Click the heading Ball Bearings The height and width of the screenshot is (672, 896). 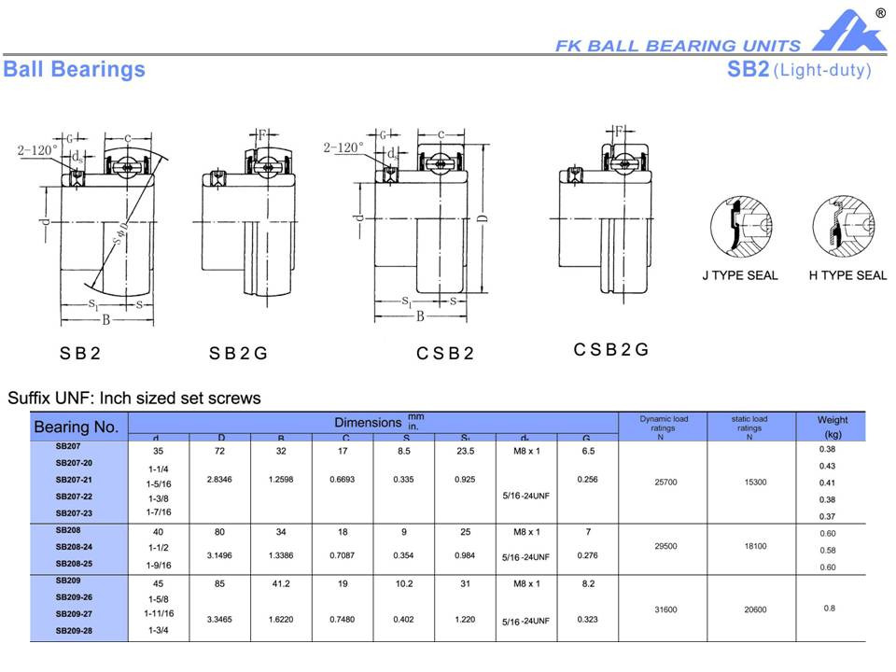(75, 70)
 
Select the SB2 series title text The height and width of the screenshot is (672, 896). (749, 70)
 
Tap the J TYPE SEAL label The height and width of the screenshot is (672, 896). (739, 275)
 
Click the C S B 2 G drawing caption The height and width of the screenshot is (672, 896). (610, 350)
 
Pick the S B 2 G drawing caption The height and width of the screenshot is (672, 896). (238, 354)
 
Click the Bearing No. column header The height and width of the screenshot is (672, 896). (77, 427)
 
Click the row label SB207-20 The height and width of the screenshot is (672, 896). (75, 463)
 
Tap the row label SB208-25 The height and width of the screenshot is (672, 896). (75, 565)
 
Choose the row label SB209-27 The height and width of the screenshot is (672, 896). (75, 613)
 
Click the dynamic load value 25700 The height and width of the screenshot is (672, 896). (660, 483)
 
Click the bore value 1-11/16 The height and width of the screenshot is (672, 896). (159, 613)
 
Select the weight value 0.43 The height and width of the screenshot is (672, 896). (827, 466)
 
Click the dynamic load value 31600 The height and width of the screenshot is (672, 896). (660, 609)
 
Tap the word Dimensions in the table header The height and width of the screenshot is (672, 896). (369, 423)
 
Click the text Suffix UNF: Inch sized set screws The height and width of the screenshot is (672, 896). (134, 399)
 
